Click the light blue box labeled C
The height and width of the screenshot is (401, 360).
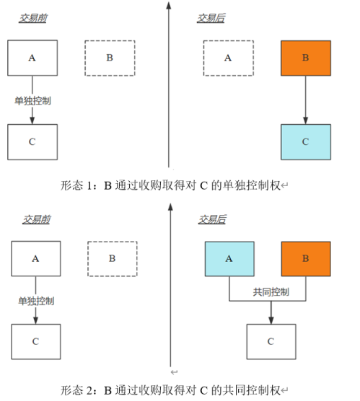pos(306,142)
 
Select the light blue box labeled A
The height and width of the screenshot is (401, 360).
pos(229,259)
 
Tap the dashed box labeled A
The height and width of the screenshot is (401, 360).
pos(229,58)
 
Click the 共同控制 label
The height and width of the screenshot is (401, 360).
pos(271,292)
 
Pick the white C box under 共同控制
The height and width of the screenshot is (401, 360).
pos(271,342)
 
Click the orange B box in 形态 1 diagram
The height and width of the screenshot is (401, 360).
pos(306,58)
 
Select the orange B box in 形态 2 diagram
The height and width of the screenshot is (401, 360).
pos(306,259)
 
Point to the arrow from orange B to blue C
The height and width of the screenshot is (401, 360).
pos(305,100)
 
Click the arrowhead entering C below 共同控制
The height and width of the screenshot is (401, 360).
pos(271,320)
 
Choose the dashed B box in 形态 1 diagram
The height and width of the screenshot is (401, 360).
pos(110,58)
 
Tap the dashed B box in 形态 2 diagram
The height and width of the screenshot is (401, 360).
pos(113,259)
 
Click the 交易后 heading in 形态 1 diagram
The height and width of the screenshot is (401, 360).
pos(211,18)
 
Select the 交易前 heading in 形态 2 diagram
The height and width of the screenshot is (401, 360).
pos(36,219)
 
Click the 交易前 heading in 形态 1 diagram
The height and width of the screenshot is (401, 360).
pos(33,18)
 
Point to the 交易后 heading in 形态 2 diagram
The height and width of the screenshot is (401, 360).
pos(212,219)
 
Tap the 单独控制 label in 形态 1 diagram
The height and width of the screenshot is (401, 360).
pos(32,100)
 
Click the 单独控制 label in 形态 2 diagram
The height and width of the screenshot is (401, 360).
pos(36,301)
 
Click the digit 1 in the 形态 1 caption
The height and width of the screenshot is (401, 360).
pos(89,185)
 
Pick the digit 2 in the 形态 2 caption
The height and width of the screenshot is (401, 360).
pos(89,390)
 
